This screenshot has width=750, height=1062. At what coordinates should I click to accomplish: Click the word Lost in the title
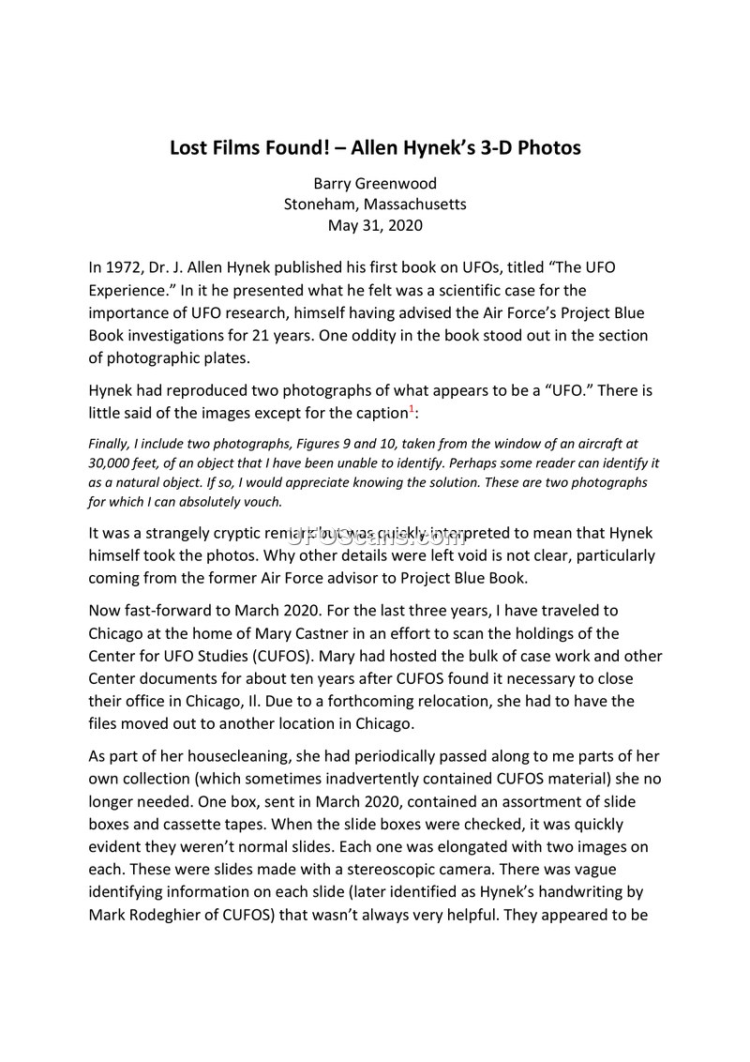tap(191, 147)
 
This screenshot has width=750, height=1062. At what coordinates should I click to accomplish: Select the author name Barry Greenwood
tap(375, 183)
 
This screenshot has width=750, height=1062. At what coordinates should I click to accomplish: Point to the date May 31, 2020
tap(375, 225)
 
